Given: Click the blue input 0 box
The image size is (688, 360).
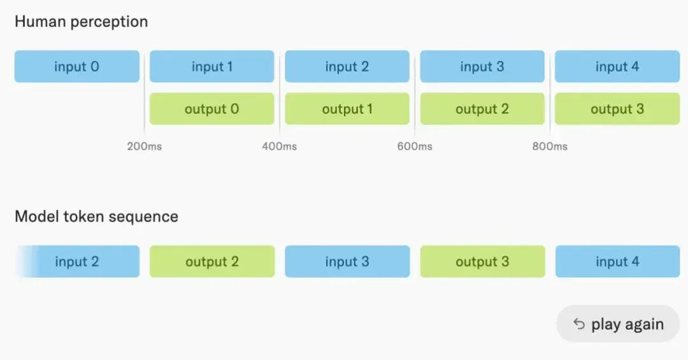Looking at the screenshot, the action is pyautogui.click(x=77, y=66).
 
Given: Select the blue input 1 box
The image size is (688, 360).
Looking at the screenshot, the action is pyautogui.click(x=212, y=66).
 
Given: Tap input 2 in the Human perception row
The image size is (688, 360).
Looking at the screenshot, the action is pyautogui.click(x=347, y=66).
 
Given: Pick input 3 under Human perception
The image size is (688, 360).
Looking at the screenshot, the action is pyautogui.click(x=482, y=66).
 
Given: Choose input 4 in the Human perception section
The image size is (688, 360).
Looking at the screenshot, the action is pyautogui.click(x=617, y=66).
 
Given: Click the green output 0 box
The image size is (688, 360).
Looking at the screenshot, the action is pyautogui.click(x=212, y=108).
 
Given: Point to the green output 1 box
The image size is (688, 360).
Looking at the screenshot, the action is pyautogui.click(x=347, y=108).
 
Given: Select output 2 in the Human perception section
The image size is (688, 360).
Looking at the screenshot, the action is pyautogui.click(x=482, y=108).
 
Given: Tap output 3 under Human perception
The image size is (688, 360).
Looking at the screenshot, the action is pyautogui.click(x=617, y=108).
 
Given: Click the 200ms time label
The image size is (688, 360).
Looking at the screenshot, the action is pyautogui.click(x=145, y=146).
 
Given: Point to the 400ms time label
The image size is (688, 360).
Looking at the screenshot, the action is pyautogui.click(x=280, y=146).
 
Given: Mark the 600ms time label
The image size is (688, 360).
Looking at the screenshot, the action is pyautogui.click(x=415, y=146).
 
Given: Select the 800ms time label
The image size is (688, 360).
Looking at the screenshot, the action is pyautogui.click(x=550, y=146).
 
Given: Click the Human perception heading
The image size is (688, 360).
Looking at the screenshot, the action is pyautogui.click(x=81, y=22).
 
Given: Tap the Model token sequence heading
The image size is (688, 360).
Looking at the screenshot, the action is pyautogui.click(x=97, y=217).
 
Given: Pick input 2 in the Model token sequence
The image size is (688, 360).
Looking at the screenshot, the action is pyautogui.click(x=78, y=261).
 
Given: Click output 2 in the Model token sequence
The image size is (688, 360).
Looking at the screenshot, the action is pyautogui.click(x=212, y=261).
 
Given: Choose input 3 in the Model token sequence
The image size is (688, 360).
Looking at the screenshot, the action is pyautogui.click(x=347, y=261).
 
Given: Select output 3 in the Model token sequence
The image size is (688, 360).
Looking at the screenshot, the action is pyautogui.click(x=482, y=261).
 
